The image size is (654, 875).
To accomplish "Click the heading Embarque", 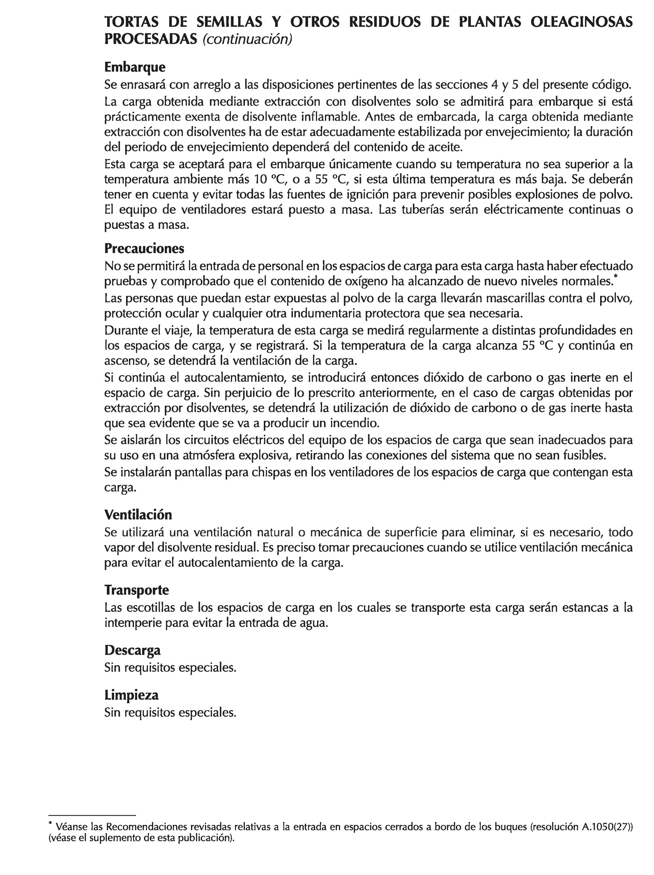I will coord(135,67).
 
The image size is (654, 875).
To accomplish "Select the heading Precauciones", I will coord(144,248).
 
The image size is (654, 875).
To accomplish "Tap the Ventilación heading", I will coord(138,515).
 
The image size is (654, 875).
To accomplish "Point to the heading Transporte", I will coord(136,590).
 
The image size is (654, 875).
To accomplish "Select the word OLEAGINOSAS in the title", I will coord(581,22).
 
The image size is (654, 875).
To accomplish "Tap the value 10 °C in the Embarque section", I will coord(270,180).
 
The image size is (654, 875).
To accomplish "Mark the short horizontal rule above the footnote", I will coord(92,815).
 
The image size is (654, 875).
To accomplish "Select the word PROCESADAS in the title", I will coord(150,39).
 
